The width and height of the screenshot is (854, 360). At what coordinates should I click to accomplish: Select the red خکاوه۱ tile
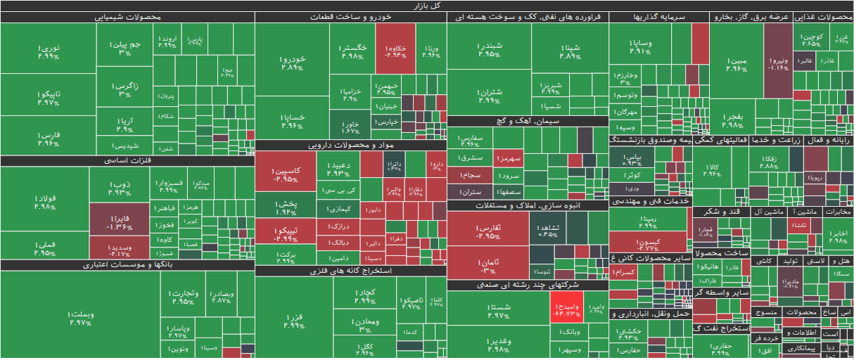(395, 49)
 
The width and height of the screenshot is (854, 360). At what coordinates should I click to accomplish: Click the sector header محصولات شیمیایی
(127, 17)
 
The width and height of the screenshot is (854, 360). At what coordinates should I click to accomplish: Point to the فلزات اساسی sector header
(127, 160)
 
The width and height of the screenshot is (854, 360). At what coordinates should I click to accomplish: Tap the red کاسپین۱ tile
(286, 174)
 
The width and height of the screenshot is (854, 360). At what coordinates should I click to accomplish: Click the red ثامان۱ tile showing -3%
(487, 266)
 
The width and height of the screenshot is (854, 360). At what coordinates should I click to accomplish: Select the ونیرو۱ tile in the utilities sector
(778, 63)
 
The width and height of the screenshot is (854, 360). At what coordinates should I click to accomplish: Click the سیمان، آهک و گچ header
(528, 121)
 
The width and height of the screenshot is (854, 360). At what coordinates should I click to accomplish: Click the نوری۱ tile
(48, 51)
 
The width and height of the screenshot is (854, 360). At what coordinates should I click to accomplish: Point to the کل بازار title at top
(427, 5)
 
